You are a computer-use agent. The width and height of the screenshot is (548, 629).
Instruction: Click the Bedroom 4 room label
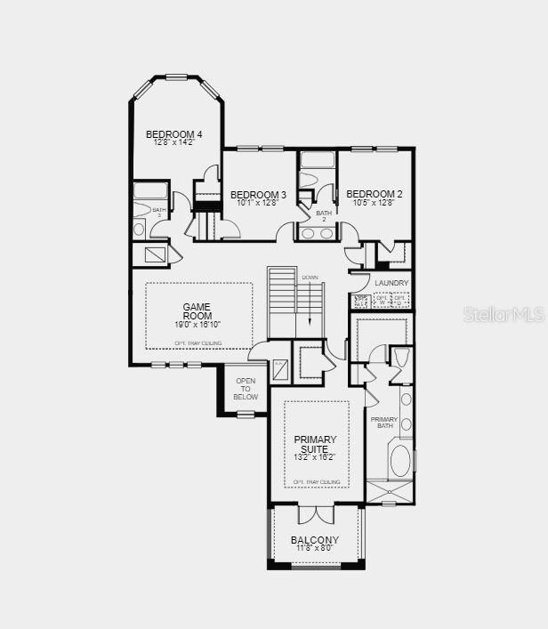pyautogui.click(x=174, y=134)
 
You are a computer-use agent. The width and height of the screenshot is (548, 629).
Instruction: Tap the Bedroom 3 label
pyautogui.click(x=258, y=194)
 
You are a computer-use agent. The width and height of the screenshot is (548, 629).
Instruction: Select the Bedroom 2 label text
pyautogui.click(x=375, y=194)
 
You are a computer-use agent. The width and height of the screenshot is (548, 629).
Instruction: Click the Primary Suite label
pyautogui.click(x=316, y=444)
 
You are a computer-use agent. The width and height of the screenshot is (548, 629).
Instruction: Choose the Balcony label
pyautogui.click(x=315, y=539)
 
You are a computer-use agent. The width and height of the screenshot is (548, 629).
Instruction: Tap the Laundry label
pyautogui.click(x=391, y=283)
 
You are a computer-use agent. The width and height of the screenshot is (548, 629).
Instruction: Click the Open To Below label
pyautogui.click(x=246, y=389)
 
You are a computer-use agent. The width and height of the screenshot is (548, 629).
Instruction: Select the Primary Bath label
pyautogui.click(x=384, y=423)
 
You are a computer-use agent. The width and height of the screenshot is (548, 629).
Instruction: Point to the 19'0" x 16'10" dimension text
pyautogui.click(x=197, y=325)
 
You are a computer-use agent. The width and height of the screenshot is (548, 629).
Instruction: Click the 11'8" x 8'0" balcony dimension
pyautogui.click(x=315, y=548)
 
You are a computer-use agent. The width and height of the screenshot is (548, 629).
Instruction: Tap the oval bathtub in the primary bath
pyautogui.click(x=401, y=461)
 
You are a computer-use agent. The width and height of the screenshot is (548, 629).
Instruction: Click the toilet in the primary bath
pyautogui.click(x=400, y=358)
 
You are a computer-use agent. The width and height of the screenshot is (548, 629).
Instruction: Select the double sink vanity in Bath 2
pyautogui.click(x=318, y=233)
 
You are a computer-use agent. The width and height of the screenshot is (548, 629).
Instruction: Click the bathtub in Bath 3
pyautogui.click(x=150, y=190)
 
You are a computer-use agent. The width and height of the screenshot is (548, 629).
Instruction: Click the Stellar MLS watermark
pyautogui.click(x=503, y=314)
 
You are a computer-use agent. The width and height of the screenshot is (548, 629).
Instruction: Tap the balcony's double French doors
pyautogui.click(x=316, y=514)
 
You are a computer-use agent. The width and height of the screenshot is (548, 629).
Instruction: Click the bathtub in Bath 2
pyautogui.click(x=318, y=160)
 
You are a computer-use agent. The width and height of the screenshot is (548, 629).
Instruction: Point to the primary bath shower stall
pyautogui.click(x=390, y=492)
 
